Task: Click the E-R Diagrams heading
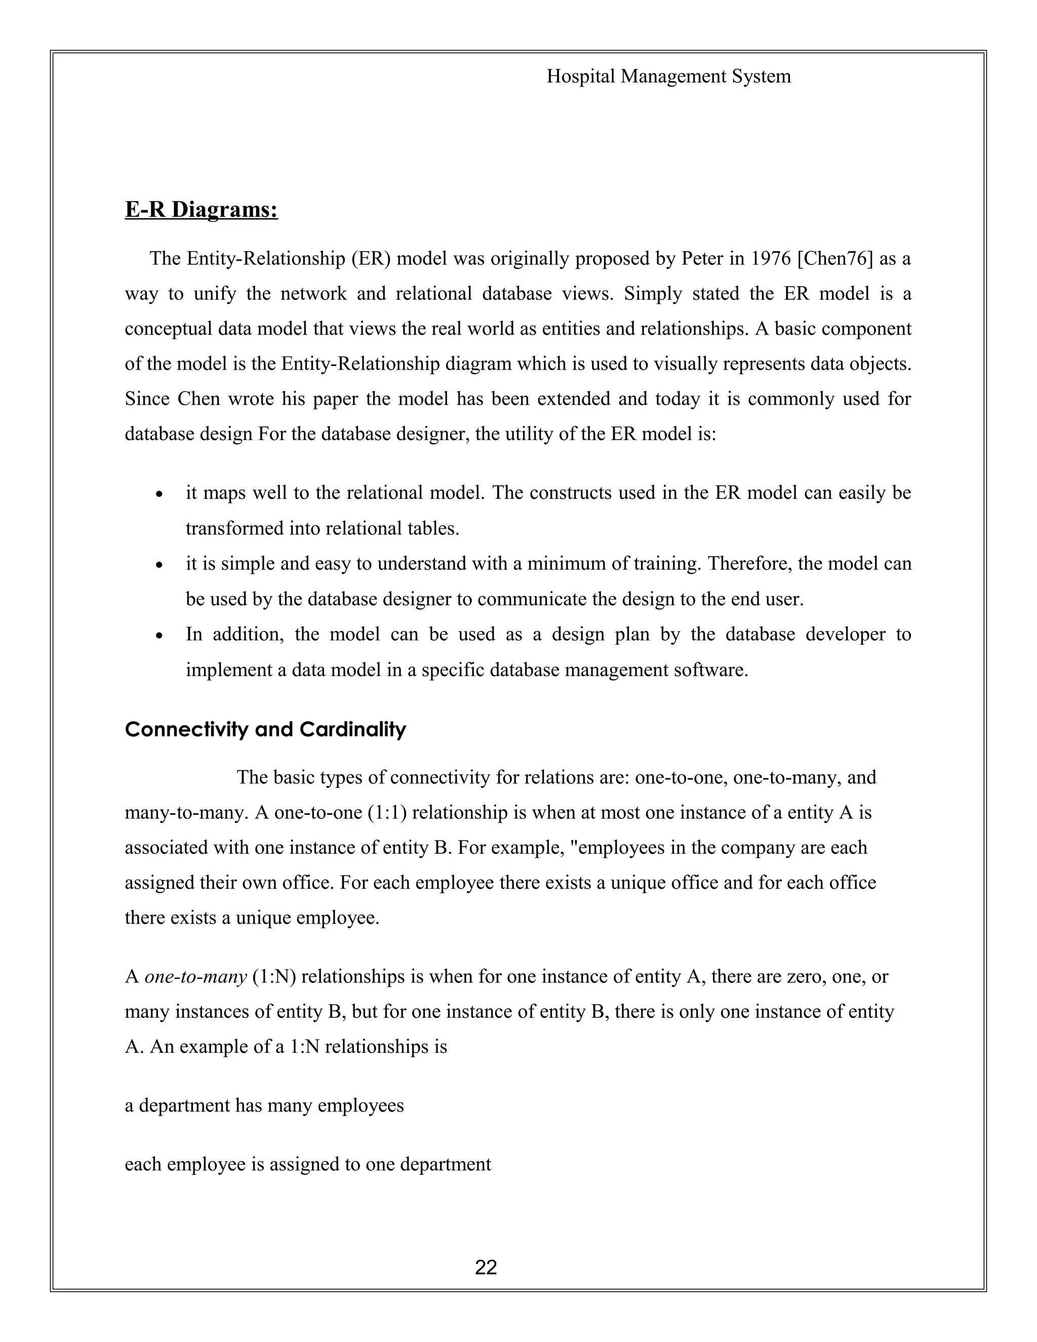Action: (202, 210)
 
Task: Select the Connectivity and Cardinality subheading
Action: (265, 729)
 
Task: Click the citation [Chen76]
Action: (835, 259)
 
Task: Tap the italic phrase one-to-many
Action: (195, 976)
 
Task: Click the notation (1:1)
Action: (386, 813)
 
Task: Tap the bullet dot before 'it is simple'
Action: (159, 565)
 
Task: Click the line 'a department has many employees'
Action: (264, 1106)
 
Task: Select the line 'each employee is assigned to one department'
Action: (308, 1164)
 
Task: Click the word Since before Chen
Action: (146, 400)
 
